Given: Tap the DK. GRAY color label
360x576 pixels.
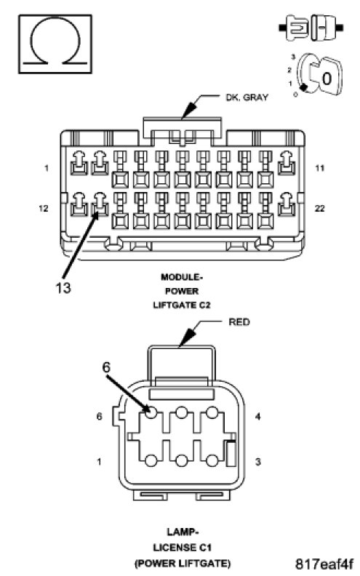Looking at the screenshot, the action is [247, 97].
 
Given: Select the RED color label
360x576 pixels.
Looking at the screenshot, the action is [239, 322].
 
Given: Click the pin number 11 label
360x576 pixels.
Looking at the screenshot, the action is [320, 168].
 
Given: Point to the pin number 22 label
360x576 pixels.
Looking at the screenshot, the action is [320, 208].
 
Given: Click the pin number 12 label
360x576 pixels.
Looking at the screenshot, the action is [44, 208].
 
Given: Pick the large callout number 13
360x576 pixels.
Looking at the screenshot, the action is [63, 287].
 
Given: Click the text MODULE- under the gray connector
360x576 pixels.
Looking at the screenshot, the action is [182, 277].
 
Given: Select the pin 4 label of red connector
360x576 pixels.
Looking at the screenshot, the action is [258, 416].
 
